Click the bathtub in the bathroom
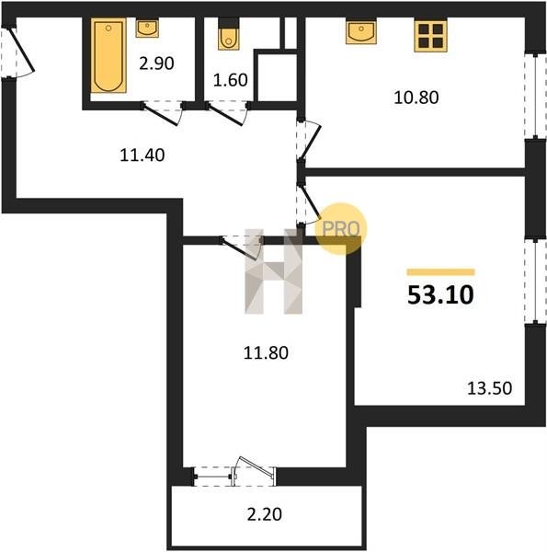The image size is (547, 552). coord(108,55)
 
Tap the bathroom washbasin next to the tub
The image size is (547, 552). coord(147,29)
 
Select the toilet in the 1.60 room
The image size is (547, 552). coord(228,34)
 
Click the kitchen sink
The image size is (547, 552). coord(361,31)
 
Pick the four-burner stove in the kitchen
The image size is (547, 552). coord(430,36)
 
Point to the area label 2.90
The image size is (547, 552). coord(156,63)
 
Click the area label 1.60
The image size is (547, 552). coord(231,80)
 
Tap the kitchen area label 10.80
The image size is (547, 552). coord(416,98)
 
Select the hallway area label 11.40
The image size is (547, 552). coord(142,155)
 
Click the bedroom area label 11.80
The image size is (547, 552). coord(266,352)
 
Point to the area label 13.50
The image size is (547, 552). coord(489,388)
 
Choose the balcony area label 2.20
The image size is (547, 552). coord(265,514)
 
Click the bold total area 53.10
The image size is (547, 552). coord(440,295)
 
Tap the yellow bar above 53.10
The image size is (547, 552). coord(440,271)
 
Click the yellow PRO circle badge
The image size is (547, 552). coord(340,229)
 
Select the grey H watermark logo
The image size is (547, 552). coord(274,271)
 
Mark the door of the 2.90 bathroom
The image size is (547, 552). coord(162,113)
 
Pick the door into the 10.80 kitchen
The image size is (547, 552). coord(309,140)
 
